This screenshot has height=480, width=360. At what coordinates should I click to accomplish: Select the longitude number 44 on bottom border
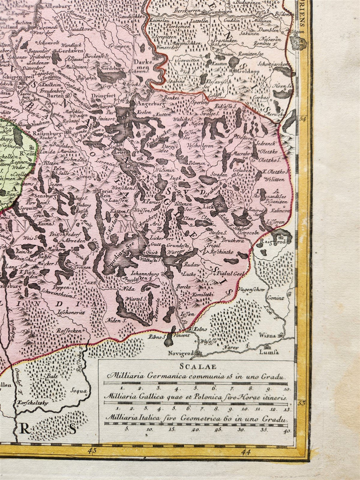247,450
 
